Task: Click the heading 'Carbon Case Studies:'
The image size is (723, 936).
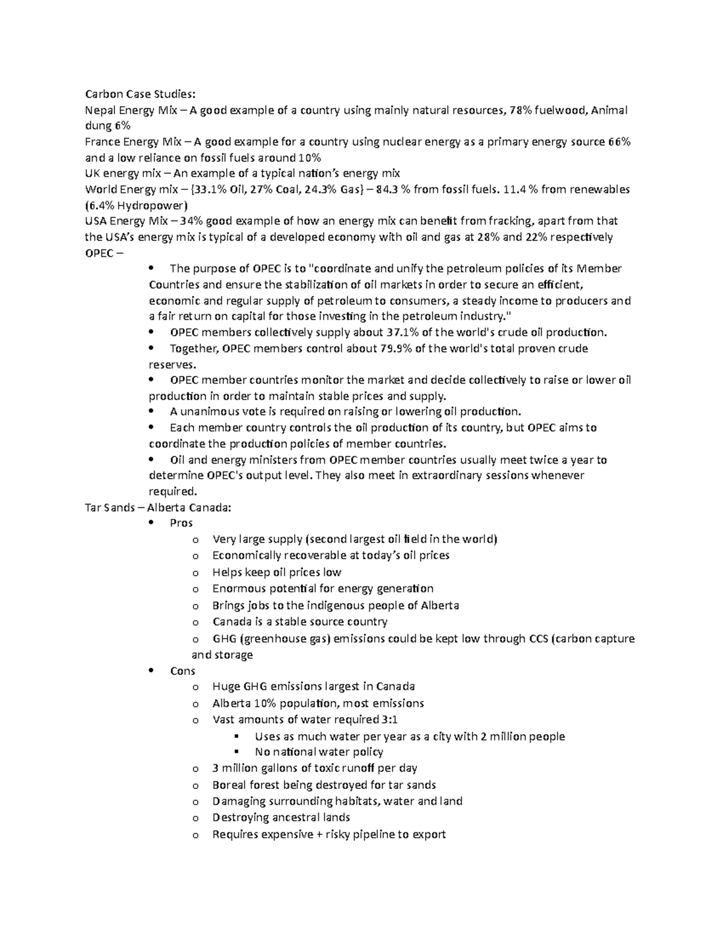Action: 140,94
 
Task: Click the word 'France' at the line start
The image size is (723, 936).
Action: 102,142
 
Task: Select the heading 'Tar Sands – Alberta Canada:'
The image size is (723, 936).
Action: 157,507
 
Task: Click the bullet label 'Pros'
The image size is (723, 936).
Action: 181,523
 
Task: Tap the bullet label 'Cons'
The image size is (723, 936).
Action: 183,671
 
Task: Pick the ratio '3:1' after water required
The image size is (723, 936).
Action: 389,720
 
